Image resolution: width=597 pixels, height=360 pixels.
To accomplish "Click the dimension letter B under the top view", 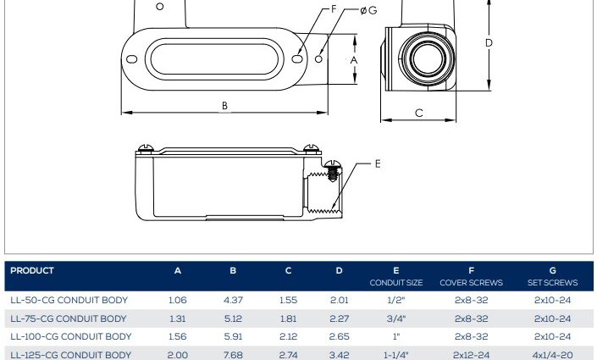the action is [224, 106].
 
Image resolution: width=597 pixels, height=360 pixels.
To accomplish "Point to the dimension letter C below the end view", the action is [419, 113].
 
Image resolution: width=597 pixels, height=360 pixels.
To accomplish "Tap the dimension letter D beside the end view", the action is [489, 43].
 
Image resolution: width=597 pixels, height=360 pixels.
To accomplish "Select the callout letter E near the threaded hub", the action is [378, 163].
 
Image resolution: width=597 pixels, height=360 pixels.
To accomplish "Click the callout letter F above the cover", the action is [334, 9].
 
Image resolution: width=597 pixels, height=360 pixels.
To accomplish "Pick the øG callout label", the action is [368, 10].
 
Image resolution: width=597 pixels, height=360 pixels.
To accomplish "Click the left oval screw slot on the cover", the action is [132, 59].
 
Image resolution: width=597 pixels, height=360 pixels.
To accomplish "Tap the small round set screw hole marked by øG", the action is [318, 59].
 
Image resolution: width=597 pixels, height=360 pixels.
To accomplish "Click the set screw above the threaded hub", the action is [333, 170].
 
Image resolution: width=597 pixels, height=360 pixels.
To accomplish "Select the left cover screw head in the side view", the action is [146, 147].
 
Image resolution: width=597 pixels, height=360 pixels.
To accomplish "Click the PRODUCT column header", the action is [32, 270].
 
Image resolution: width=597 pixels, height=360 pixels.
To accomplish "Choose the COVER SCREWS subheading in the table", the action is [471, 283].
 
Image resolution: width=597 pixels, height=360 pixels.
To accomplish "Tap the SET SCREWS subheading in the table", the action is [552, 283].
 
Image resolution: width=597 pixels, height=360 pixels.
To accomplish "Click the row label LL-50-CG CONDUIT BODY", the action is [69, 300].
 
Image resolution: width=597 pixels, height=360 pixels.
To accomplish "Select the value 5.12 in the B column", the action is [233, 318].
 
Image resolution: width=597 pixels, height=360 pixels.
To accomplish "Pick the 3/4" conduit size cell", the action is [396, 318].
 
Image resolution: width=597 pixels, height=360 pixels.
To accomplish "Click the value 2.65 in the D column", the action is [339, 337].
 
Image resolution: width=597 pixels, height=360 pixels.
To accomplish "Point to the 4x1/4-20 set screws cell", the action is [552, 355].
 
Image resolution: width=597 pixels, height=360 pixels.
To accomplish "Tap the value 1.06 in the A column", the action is [178, 300].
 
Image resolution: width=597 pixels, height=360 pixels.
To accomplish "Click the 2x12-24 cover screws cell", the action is [471, 355].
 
